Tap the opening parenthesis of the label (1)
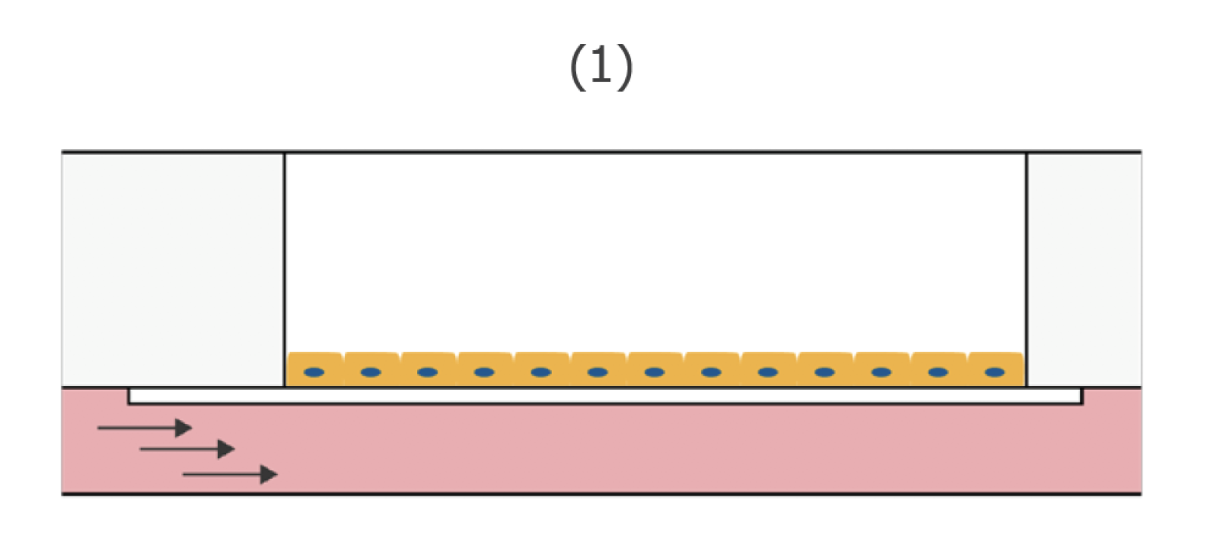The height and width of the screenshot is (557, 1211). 577,67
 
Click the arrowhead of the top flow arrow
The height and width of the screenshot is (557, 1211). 184,428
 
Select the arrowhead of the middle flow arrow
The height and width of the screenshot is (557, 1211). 226,450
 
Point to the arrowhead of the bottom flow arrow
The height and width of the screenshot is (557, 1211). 269,475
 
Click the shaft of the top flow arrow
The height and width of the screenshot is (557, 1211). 136,428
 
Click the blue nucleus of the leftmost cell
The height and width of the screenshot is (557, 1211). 314,372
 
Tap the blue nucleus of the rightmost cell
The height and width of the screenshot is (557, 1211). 995,372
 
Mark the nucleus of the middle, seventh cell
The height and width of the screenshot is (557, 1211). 655,372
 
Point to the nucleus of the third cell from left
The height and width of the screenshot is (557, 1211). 428,372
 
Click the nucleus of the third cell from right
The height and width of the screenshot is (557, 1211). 882,372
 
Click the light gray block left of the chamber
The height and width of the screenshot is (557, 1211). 173,269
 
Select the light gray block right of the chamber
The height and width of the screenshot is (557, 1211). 1084,269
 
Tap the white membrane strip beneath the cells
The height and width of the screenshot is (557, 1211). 605,396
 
